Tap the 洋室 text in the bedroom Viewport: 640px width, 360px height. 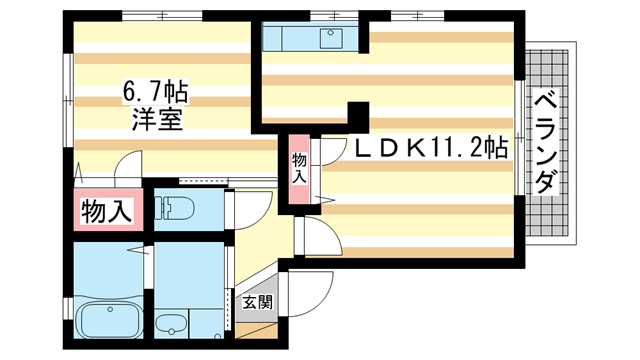[x=157, y=120]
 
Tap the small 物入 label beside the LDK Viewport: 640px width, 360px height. [x=299, y=168]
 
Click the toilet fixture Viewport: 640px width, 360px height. [x=179, y=208]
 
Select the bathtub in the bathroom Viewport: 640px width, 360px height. [x=111, y=321]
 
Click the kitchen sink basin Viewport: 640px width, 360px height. [x=329, y=39]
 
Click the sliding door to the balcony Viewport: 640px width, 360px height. [x=520, y=140]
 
